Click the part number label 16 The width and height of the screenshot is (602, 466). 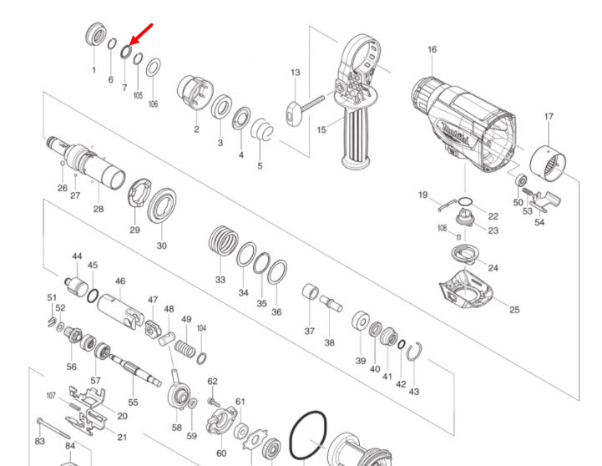coord(432,49)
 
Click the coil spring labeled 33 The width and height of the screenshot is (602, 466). coord(222,243)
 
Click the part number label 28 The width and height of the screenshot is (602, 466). coord(99,208)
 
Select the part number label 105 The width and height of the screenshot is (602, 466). coord(138,96)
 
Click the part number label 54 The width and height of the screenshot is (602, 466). coord(539,223)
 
